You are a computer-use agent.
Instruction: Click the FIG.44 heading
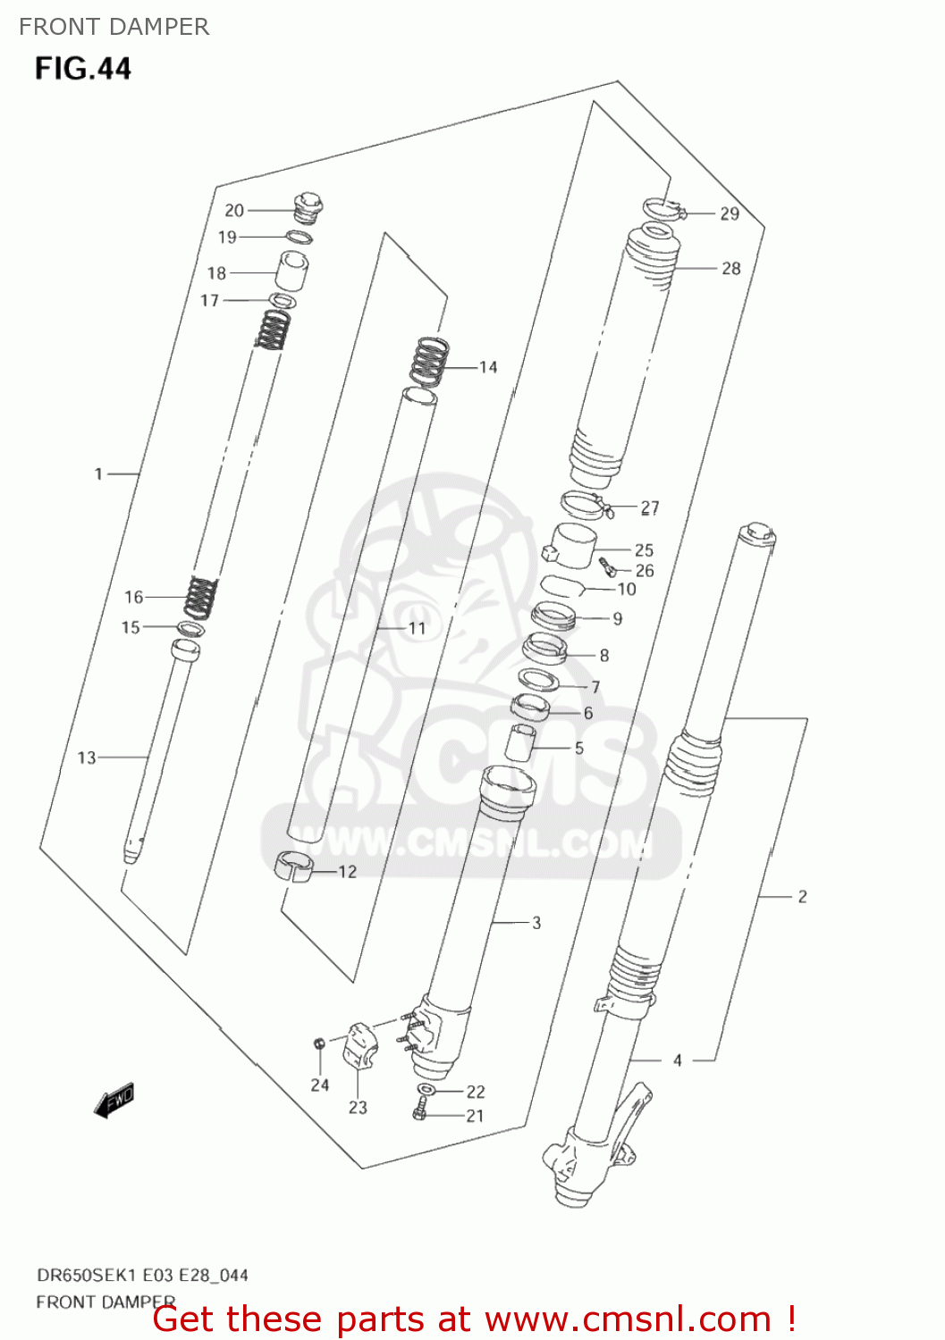pyautogui.click(x=83, y=69)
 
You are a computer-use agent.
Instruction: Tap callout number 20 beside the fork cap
pyautogui.click(x=234, y=210)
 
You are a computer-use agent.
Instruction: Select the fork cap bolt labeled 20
pyautogui.click(x=307, y=207)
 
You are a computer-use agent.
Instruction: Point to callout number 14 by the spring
pyautogui.click(x=488, y=367)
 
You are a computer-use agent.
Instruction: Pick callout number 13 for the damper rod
pyautogui.click(x=87, y=758)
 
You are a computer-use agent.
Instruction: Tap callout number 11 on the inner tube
pyautogui.click(x=418, y=628)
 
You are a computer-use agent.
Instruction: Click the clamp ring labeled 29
pyautogui.click(x=662, y=209)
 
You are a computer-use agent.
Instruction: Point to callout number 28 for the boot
pyautogui.click(x=731, y=268)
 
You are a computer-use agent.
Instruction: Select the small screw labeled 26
pyautogui.click(x=608, y=566)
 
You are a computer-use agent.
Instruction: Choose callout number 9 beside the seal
pyautogui.click(x=618, y=618)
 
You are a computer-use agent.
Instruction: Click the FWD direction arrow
pyautogui.click(x=114, y=1101)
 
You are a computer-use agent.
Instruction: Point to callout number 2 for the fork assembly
pyautogui.click(x=802, y=896)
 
